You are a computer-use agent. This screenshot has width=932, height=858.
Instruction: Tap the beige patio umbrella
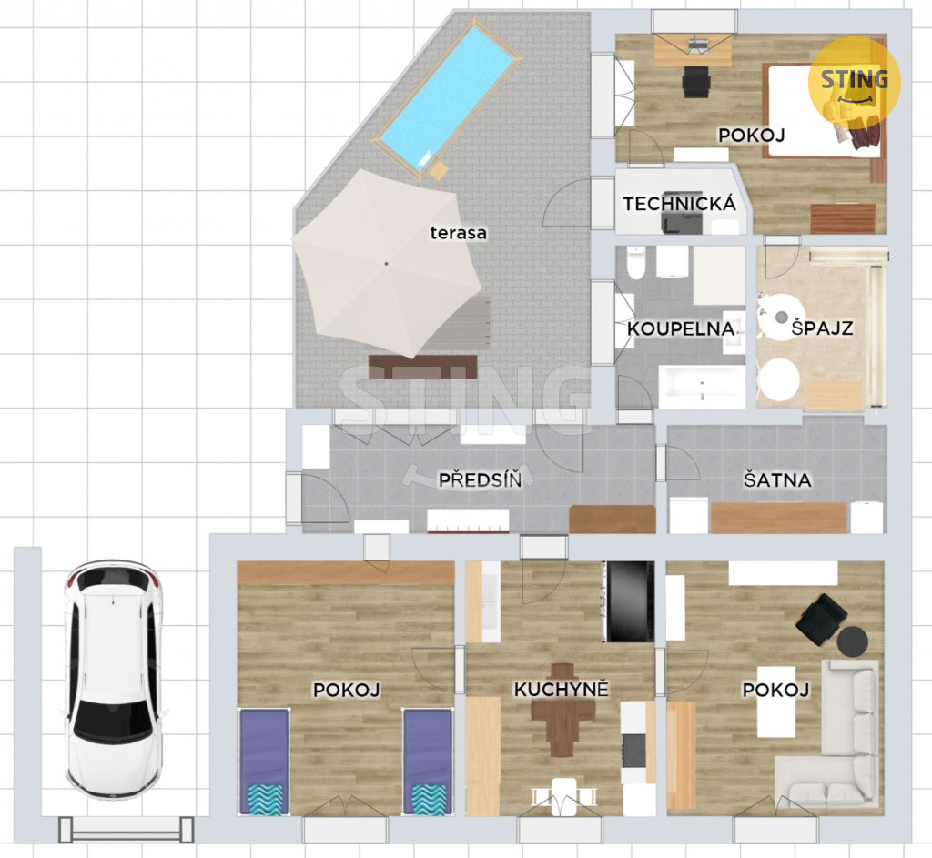tap(386, 264)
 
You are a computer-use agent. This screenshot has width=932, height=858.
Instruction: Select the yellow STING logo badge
tap(854, 81)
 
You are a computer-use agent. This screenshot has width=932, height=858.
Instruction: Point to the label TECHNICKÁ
tap(679, 204)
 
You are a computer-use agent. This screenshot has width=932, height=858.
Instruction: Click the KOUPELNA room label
tap(681, 328)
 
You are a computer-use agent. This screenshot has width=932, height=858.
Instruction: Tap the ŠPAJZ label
tap(822, 328)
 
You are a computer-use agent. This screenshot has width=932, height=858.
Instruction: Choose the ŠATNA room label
tap(777, 479)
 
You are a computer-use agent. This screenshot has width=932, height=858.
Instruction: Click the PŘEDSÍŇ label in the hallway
tap(480, 479)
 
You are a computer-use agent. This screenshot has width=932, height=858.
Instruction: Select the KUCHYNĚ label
tap(561, 690)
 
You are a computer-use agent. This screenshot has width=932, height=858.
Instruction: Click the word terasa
tap(459, 233)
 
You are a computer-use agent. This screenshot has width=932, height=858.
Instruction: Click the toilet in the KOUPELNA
tap(636, 263)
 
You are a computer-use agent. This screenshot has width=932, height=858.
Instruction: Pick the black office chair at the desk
tap(696, 82)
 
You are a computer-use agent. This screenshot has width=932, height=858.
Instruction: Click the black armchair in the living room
tap(821, 620)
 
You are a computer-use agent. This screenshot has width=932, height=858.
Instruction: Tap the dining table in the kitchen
tap(562, 710)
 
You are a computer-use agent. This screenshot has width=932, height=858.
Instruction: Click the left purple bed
tap(264, 762)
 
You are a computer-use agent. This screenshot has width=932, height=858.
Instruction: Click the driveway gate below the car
tap(127, 830)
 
